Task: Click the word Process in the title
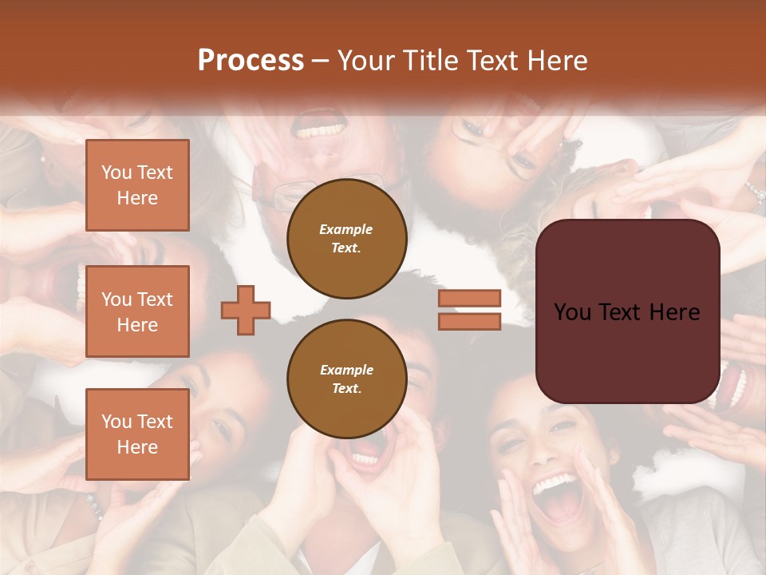coord(251,60)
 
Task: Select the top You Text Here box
coord(137,185)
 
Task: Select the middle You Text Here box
coord(137,311)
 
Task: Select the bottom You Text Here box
coord(137,434)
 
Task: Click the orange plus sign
coord(246,310)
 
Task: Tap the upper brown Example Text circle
coord(347,238)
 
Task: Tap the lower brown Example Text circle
coord(347,379)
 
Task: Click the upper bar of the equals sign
coord(469,298)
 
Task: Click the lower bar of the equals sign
coord(469,321)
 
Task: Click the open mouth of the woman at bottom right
coord(559,499)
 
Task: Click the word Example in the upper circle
coord(346,229)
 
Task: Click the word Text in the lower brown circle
coord(346,389)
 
